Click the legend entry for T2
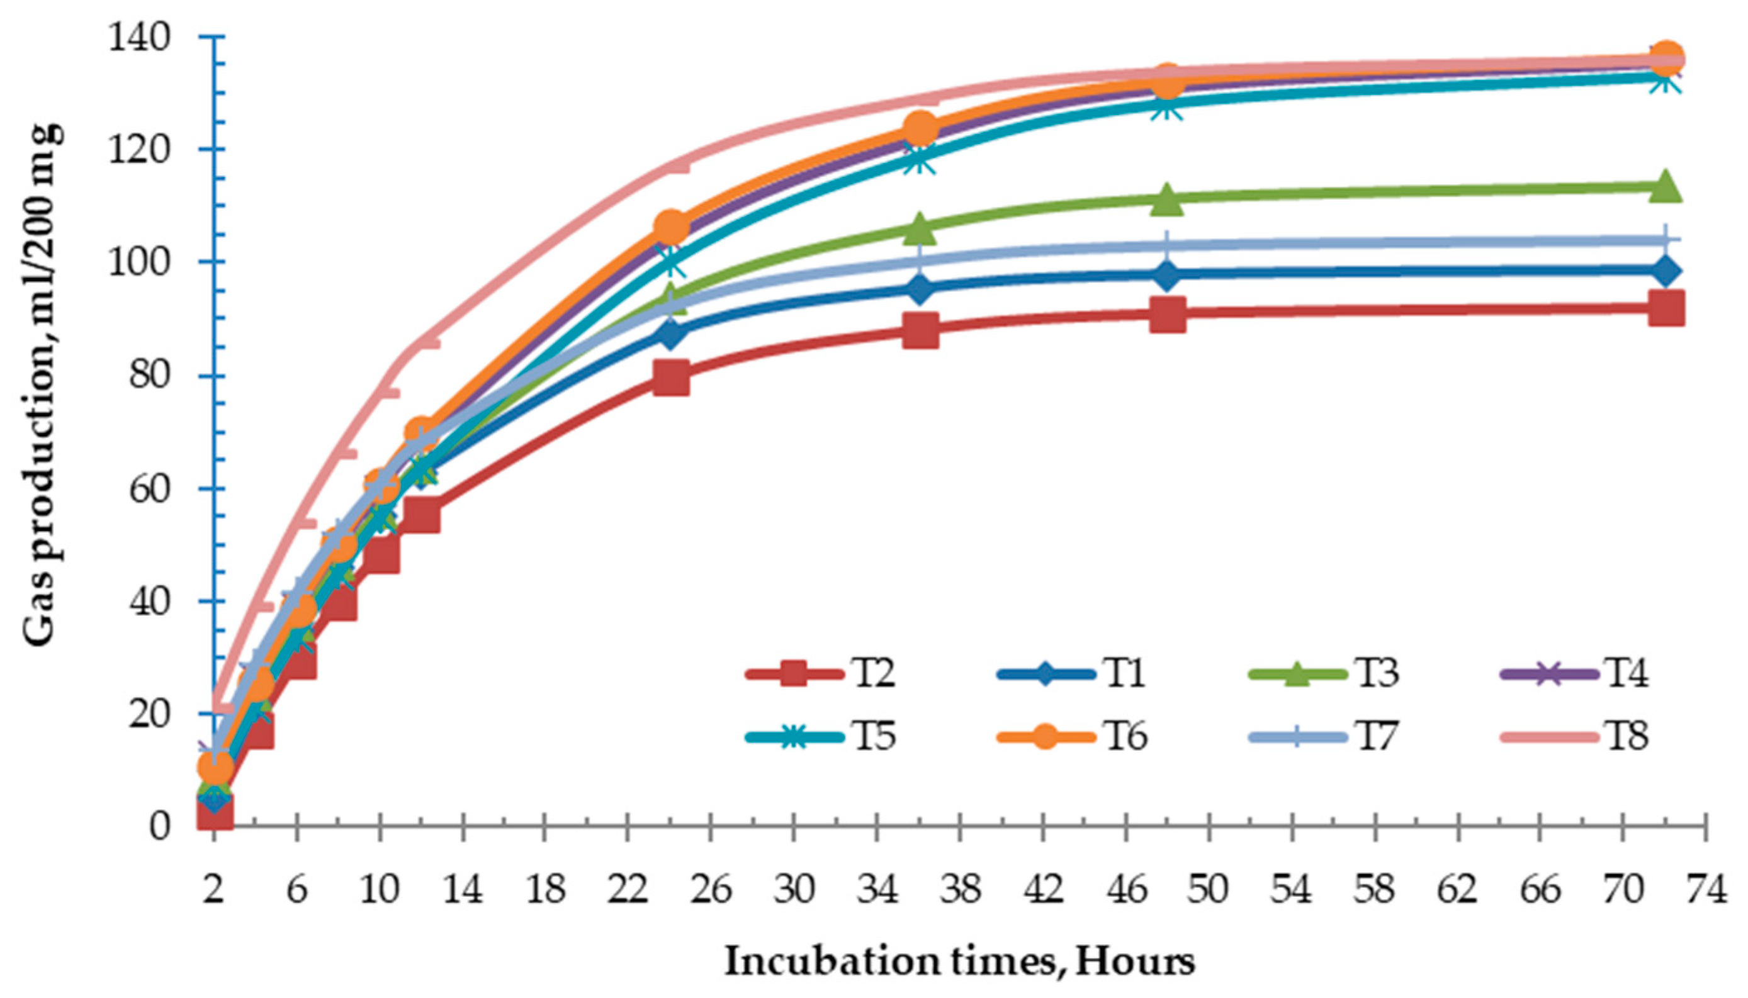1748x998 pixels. tap(823, 674)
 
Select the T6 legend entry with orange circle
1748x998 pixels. tap(1073, 737)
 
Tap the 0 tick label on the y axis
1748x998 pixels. tap(159, 826)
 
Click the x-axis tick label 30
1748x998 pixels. tap(794, 891)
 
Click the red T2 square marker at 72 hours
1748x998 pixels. tap(1666, 308)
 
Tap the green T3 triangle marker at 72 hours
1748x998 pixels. tap(1666, 186)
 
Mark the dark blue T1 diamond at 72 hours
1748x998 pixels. tap(1666, 271)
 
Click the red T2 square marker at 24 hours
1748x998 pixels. tap(670, 378)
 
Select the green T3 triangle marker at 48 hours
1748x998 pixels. tap(1168, 199)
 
